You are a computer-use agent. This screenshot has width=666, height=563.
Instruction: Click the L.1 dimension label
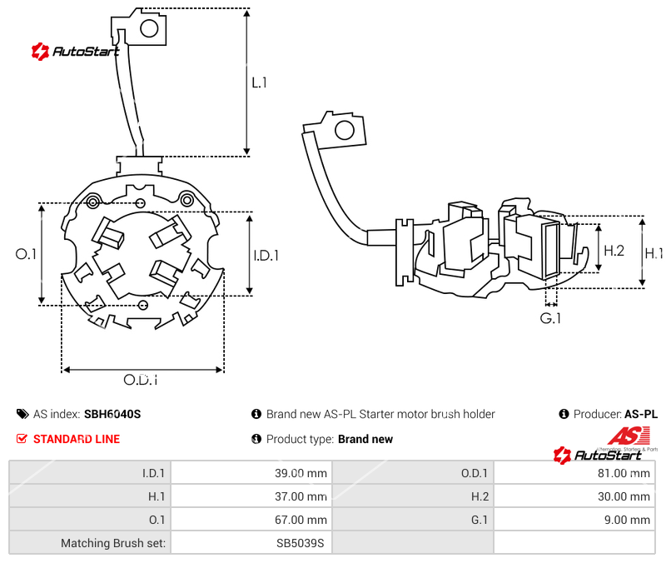pos(259,83)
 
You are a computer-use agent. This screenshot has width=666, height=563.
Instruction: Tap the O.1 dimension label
pos(27,254)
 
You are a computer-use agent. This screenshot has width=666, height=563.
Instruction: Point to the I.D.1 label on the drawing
pos(266,257)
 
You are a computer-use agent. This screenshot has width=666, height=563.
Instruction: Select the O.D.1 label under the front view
pos(141,380)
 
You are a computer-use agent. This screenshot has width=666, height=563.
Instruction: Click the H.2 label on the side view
pos(614,250)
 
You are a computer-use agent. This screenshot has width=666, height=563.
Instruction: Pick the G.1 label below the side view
pos(550,319)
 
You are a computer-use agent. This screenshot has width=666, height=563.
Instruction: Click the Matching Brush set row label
pos(112,543)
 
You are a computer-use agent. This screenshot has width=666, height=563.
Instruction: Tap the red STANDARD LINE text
pos(77,439)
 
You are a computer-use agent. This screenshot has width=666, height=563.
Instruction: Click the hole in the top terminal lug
pos(150,29)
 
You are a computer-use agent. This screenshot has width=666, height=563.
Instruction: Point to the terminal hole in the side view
pos(343,129)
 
